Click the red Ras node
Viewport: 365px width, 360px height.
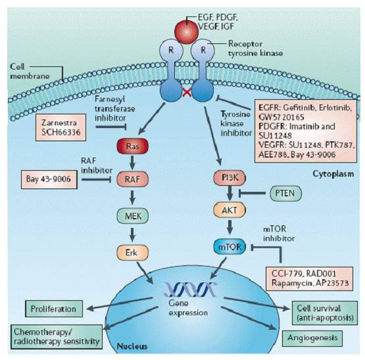tap(132, 146)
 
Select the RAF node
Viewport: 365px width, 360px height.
tap(132, 179)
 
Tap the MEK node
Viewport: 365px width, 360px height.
tap(132, 216)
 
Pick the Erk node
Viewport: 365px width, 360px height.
tap(132, 252)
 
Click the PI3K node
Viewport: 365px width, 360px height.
tap(230, 178)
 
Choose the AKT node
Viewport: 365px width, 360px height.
tap(230, 210)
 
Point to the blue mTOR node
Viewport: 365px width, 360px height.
tap(230, 247)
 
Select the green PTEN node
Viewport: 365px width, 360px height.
tap(285, 193)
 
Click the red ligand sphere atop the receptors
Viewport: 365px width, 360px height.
tap(187, 32)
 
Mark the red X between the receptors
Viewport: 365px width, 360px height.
tap(187, 93)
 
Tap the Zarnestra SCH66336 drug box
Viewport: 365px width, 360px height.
tap(61, 127)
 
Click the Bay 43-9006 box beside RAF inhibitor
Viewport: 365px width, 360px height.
tap(49, 179)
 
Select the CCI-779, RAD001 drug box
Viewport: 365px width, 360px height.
tap(309, 279)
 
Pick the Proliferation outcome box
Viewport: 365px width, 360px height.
tap(54, 309)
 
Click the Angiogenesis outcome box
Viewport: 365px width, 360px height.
tap(312, 338)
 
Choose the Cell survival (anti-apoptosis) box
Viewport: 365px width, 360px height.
tap(325, 313)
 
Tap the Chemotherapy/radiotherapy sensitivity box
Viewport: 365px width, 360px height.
tap(57, 337)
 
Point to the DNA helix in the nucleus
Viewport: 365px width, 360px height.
tap(190, 289)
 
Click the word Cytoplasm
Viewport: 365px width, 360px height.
tap(333, 174)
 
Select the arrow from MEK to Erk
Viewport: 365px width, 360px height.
tap(132, 235)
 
